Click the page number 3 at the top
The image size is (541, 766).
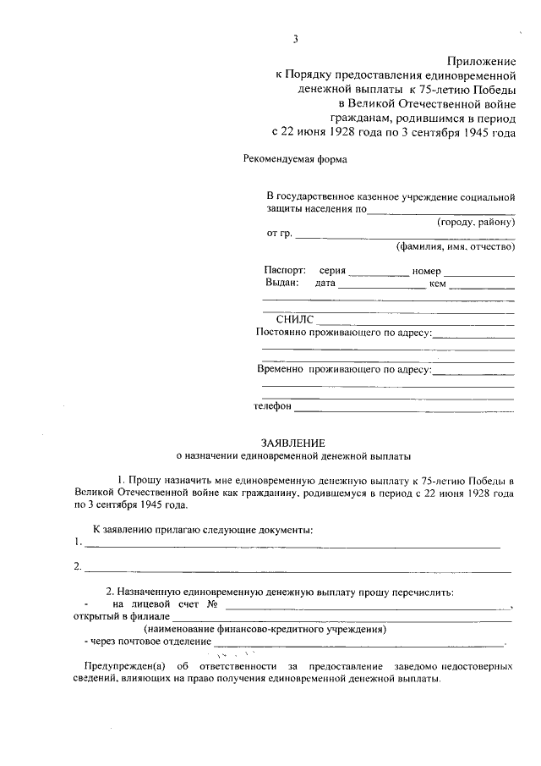coord(296,39)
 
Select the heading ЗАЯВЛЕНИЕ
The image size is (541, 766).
coord(292,442)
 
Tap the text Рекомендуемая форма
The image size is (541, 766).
coord(283,158)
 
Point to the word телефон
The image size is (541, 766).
coord(273,406)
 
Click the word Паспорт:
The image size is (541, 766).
coord(285,271)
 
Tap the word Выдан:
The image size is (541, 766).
coord(281,284)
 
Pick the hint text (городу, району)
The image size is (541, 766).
coord(476,222)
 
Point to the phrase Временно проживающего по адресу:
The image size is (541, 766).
coord(344,369)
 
